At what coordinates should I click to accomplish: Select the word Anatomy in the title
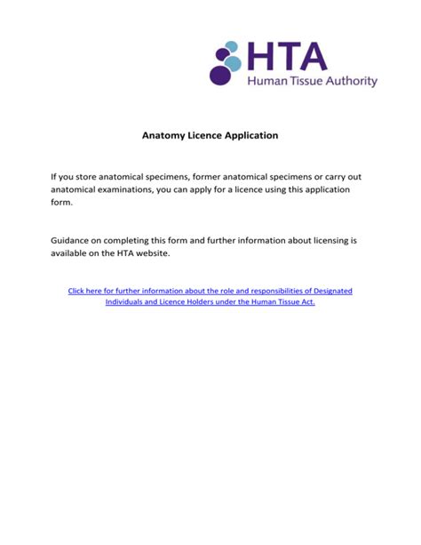165,135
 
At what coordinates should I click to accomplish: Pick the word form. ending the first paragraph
60,203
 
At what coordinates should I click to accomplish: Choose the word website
144,253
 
